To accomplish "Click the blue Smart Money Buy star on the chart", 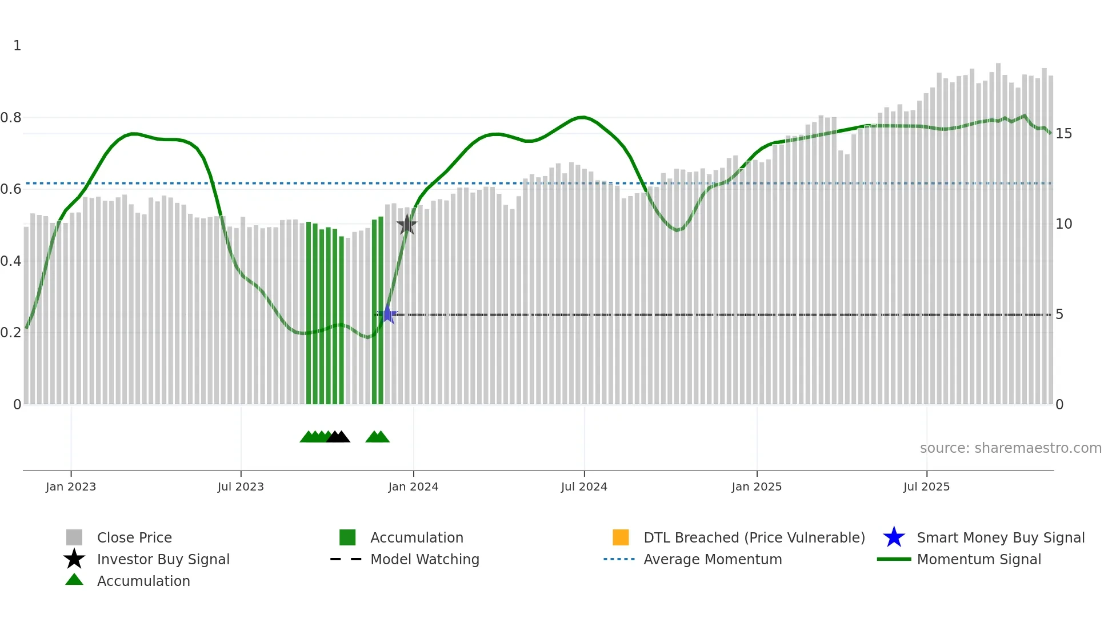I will tap(387, 314).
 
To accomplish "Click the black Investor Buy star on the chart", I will tap(407, 225).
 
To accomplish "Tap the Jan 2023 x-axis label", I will tap(71, 487).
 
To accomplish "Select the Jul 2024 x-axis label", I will tap(584, 487).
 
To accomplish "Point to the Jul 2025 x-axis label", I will tap(926, 487).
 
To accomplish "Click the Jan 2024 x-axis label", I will tap(413, 487).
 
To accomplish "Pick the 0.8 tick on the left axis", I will tap(11, 118).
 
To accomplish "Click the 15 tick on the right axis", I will tap(1063, 134).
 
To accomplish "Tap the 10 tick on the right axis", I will tap(1063, 224).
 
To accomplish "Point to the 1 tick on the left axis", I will tap(17, 46).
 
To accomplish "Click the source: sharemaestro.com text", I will tap(1010, 448).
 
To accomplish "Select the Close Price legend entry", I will tap(134, 538).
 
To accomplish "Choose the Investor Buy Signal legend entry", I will tap(163, 560).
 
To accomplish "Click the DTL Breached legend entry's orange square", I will tap(621, 537).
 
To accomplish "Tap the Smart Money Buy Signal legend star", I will tap(894, 537).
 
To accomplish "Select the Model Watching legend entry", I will tap(425, 560).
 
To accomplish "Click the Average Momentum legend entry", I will tap(713, 560).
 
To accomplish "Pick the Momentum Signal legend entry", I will tap(979, 560).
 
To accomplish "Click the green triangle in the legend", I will tap(74, 580).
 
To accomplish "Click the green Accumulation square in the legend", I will tap(347, 537).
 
